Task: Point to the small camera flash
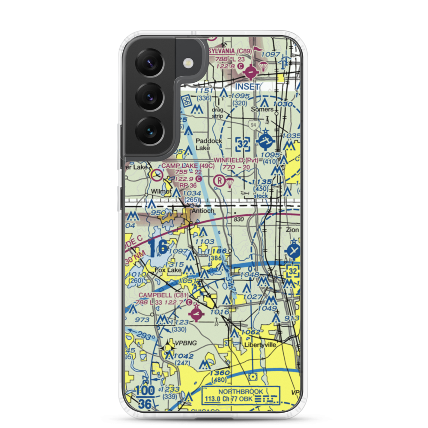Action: point(187,63)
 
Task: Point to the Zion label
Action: point(293,230)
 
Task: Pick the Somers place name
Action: point(262,109)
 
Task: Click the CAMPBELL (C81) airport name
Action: point(163,295)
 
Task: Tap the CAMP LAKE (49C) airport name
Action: point(187,165)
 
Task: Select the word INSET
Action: point(247,86)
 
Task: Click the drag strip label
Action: point(218,112)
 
